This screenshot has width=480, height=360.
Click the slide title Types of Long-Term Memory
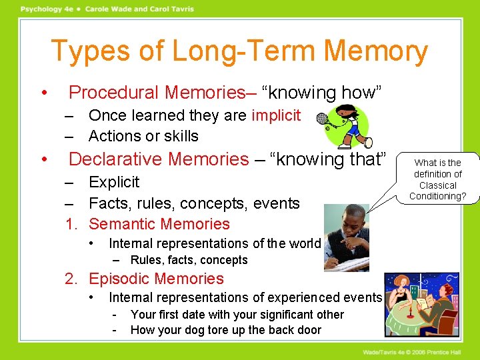[x=239, y=51]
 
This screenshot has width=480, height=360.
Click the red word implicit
[x=276, y=115]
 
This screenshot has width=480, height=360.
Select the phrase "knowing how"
[x=329, y=92]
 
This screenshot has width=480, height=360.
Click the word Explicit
[x=114, y=182]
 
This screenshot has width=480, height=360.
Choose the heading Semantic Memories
[x=159, y=224]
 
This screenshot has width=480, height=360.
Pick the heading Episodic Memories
[x=156, y=279]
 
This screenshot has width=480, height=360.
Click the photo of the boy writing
[x=346, y=237]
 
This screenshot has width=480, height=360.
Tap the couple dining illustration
[x=421, y=305]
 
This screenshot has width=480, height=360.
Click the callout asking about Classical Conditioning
[x=437, y=179]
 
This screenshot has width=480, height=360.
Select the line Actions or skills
[x=143, y=136]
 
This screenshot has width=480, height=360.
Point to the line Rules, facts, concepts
[x=189, y=260]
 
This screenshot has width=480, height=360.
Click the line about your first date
[x=237, y=315]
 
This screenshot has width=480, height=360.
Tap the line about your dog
[x=225, y=330]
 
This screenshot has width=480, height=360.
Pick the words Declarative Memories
[x=159, y=159]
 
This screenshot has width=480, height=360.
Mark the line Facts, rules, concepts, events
[x=194, y=203]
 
